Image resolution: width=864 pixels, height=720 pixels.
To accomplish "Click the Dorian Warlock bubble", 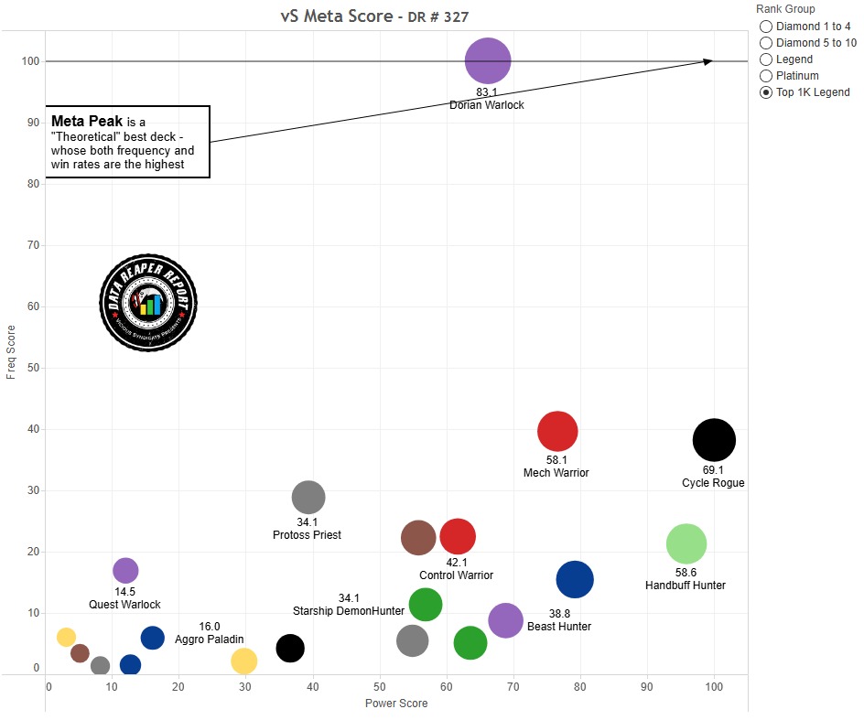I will [x=488, y=61].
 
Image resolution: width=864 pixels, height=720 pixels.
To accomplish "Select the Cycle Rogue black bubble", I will [x=714, y=440].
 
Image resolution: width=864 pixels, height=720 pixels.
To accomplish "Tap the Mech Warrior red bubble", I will [x=557, y=431].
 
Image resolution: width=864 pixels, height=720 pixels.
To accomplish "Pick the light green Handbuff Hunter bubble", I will [x=686, y=543].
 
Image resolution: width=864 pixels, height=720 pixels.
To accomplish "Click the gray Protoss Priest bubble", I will [x=308, y=498].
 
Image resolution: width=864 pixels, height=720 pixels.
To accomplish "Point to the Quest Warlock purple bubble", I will [x=125, y=571].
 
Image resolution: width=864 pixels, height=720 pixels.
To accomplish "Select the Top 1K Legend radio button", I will [x=766, y=92].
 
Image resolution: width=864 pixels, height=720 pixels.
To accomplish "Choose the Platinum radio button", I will [x=766, y=76].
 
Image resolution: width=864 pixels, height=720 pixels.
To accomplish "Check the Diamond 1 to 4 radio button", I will [x=766, y=27].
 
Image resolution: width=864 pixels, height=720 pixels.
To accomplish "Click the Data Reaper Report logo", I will [x=147, y=303].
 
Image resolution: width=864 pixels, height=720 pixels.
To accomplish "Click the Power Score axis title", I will [x=396, y=704].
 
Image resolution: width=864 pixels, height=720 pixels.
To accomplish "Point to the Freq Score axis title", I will [x=11, y=351].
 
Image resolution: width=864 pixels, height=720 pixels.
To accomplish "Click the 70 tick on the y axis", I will [x=35, y=245].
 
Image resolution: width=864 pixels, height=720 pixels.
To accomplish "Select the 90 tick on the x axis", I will [x=647, y=686].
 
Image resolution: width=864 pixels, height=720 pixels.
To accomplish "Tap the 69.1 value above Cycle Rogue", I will [x=713, y=469].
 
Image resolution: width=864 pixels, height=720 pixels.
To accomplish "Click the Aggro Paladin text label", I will [x=211, y=640].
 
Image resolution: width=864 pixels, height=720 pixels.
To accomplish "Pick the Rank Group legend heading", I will [x=785, y=9].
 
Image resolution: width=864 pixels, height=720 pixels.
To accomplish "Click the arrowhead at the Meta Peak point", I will [x=708, y=61].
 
